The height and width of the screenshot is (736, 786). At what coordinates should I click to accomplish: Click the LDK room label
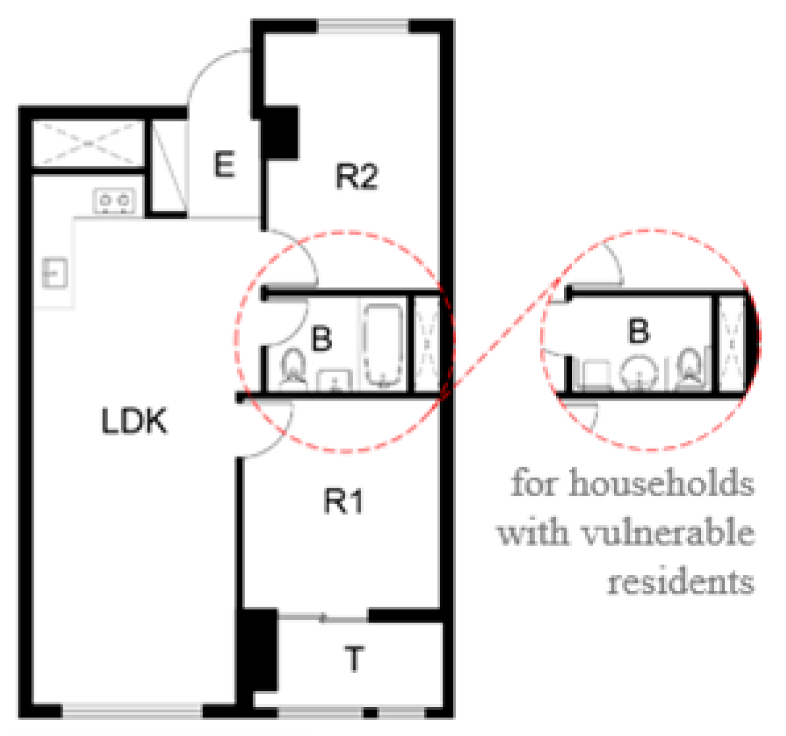tap(134, 421)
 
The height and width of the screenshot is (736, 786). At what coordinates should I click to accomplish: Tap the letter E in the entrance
tap(224, 165)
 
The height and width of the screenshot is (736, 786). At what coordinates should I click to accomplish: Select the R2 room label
tap(356, 177)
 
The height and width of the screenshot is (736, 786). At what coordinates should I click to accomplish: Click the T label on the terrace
tap(354, 659)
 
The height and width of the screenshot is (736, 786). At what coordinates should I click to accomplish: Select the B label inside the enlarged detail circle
tap(638, 331)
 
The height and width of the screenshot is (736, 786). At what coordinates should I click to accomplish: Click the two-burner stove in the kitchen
tap(114, 200)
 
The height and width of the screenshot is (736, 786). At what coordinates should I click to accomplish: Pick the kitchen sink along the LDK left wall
tap(54, 273)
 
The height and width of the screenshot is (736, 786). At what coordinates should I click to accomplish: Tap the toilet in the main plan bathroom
tap(293, 368)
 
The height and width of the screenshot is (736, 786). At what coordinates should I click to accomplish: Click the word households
tap(661, 484)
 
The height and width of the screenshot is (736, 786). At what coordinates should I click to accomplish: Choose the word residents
tap(681, 582)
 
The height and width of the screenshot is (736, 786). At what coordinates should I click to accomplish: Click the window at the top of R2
tap(364, 26)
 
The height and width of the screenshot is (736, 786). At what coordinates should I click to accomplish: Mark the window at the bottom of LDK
tap(132, 711)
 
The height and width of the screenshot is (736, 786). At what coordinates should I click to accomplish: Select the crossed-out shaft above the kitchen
tap(88, 144)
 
